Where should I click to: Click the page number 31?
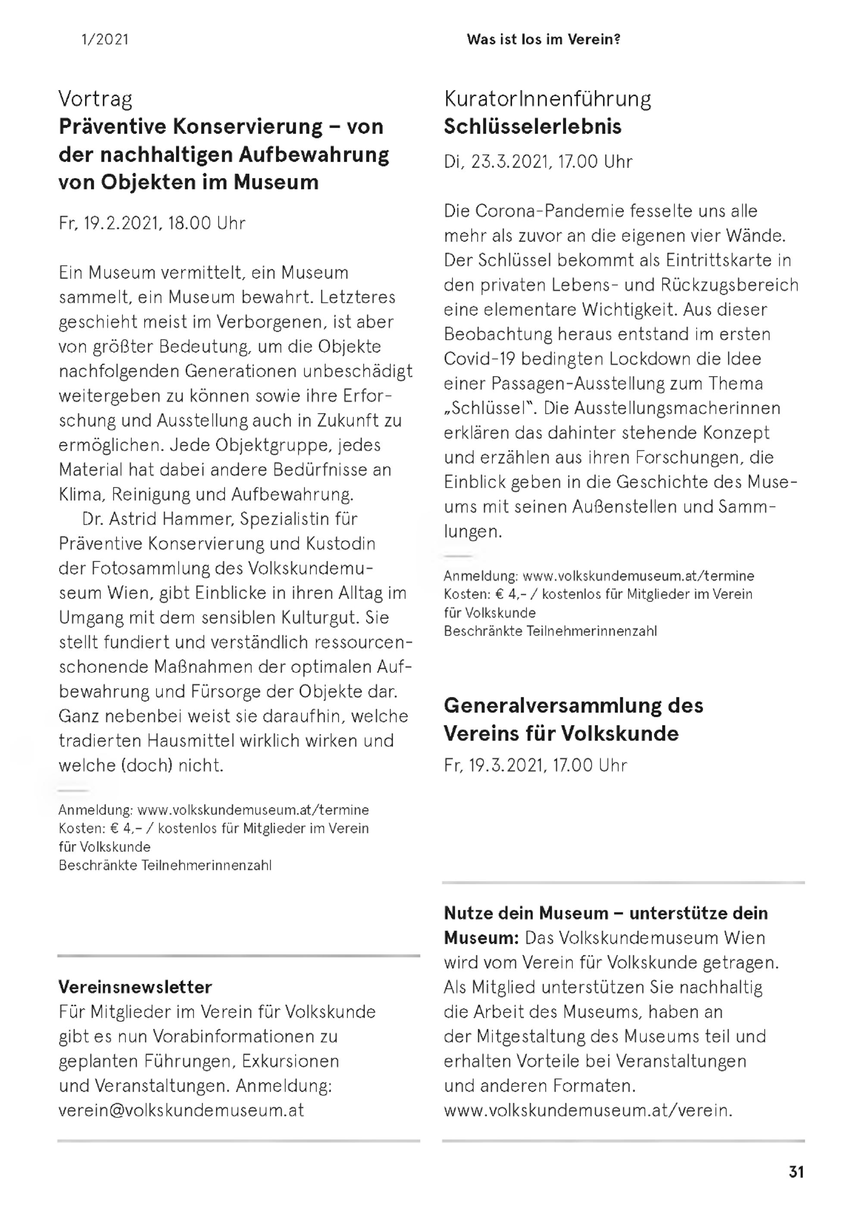pyautogui.click(x=796, y=1172)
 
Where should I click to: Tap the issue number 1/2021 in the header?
pyautogui.click(x=105, y=39)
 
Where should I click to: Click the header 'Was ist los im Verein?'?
pyautogui.click(x=543, y=39)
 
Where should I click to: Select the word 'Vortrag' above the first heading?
pyautogui.click(x=95, y=99)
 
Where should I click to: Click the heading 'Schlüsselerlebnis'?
pyautogui.click(x=532, y=127)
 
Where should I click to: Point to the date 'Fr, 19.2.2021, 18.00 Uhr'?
pyautogui.click(x=152, y=223)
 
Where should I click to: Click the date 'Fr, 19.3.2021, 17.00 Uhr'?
pyautogui.click(x=535, y=765)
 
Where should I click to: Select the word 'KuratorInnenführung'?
pyautogui.click(x=547, y=99)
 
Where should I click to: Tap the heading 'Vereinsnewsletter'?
pyautogui.click(x=135, y=987)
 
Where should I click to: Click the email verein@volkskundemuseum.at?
pyautogui.click(x=181, y=1110)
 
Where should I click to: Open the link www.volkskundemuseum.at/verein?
pyautogui.click(x=587, y=1110)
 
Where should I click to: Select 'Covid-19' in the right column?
pyautogui.click(x=479, y=359)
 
